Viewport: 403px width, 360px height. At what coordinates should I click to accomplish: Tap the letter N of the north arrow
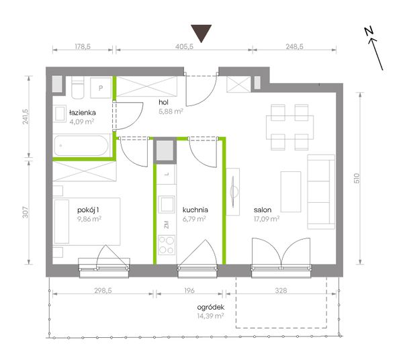[x=369, y=32]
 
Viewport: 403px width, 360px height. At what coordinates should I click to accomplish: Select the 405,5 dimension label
[x=184, y=46]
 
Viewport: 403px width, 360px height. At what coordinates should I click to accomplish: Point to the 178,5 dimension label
[x=83, y=46]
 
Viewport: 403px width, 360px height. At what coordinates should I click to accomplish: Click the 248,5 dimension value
[x=295, y=46]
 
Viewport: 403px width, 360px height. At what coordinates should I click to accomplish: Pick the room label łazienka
[x=83, y=113]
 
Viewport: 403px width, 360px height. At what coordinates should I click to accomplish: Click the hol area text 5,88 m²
[x=171, y=111]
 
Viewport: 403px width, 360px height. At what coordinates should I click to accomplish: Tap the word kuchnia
[x=195, y=210]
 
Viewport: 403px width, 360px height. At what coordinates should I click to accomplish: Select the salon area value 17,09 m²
[x=267, y=219]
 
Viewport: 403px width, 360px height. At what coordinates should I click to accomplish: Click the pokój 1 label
[x=88, y=210]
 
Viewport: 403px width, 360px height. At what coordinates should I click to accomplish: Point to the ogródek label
[x=211, y=308]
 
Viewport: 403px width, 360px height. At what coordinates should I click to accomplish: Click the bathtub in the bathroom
[x=81, y=146]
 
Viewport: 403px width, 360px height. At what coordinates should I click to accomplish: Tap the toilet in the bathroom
[x=78, y=87]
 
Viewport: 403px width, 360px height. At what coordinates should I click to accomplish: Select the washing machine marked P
[x=101, y=88]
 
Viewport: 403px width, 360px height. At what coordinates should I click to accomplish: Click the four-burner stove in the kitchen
[x=167, y=245]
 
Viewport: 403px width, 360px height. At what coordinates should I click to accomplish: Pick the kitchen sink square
[x=167, y=204]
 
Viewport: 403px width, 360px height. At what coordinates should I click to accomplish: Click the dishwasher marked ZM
[x=167, y=224]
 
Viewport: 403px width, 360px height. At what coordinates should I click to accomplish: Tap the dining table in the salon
[x=290, y=128]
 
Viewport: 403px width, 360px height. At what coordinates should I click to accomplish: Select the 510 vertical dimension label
[x=357, y=179]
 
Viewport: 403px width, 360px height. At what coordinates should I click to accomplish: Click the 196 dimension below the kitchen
[x=189, y=290]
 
